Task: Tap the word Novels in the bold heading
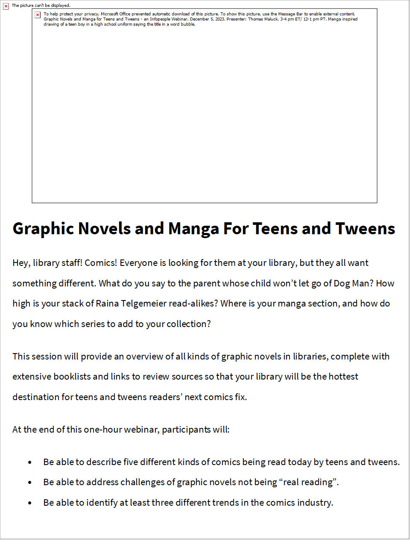pos(104,229)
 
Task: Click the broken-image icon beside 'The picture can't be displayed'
pos(6,6)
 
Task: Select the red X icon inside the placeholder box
pos(38,15)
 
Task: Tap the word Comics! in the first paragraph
pos(101,263)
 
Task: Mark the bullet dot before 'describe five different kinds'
pos(30,463)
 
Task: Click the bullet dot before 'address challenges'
pos(30,483)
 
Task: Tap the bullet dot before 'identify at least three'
pos(30,503)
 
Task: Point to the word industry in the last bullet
pos(315,503)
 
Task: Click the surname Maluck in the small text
pos(271,19)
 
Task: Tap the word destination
pos(36,397)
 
